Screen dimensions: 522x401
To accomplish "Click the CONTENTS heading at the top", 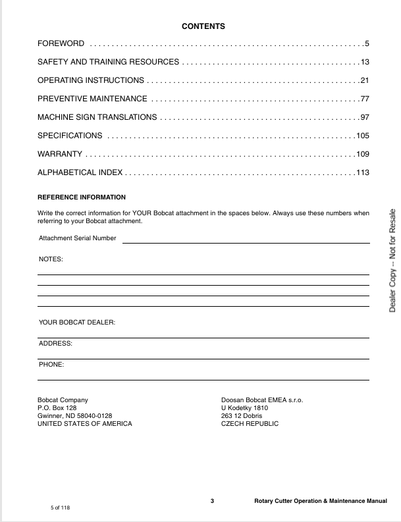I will (203, 26).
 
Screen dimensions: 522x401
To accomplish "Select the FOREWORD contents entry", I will (61, 44).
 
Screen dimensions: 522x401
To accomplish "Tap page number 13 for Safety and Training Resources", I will (365, 62).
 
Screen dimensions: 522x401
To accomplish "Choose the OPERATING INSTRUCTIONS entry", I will (91, 80).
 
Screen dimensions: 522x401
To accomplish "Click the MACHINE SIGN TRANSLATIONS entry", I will (97, 117).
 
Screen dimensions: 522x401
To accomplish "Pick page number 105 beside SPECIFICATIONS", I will (362, 136).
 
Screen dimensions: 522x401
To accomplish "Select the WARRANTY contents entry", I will (60, 154).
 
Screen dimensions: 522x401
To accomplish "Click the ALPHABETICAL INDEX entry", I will (80, 172).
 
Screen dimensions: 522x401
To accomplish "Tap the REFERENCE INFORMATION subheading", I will (82, 197).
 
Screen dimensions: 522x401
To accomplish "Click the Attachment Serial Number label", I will (78, 238).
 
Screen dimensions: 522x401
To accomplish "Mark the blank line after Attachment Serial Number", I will (246, 242).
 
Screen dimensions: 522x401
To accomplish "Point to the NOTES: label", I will (51, 259).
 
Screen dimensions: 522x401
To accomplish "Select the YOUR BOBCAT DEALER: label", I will (77, 323).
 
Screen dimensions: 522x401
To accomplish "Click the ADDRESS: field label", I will (55, 344).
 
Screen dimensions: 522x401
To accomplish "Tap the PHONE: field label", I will (51, 364).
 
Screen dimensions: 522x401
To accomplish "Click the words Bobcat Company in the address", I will (63, 400).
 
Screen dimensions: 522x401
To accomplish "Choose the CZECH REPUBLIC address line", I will (250, 423).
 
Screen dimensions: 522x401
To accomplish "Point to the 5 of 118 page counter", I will (60, 508).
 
